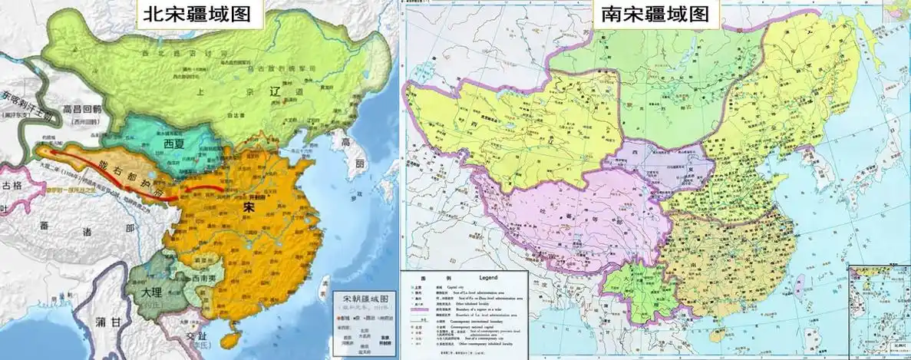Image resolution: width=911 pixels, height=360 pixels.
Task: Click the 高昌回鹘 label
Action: click(x=82, y=111)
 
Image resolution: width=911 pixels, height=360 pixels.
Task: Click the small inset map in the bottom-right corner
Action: click(x=879, y=311)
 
